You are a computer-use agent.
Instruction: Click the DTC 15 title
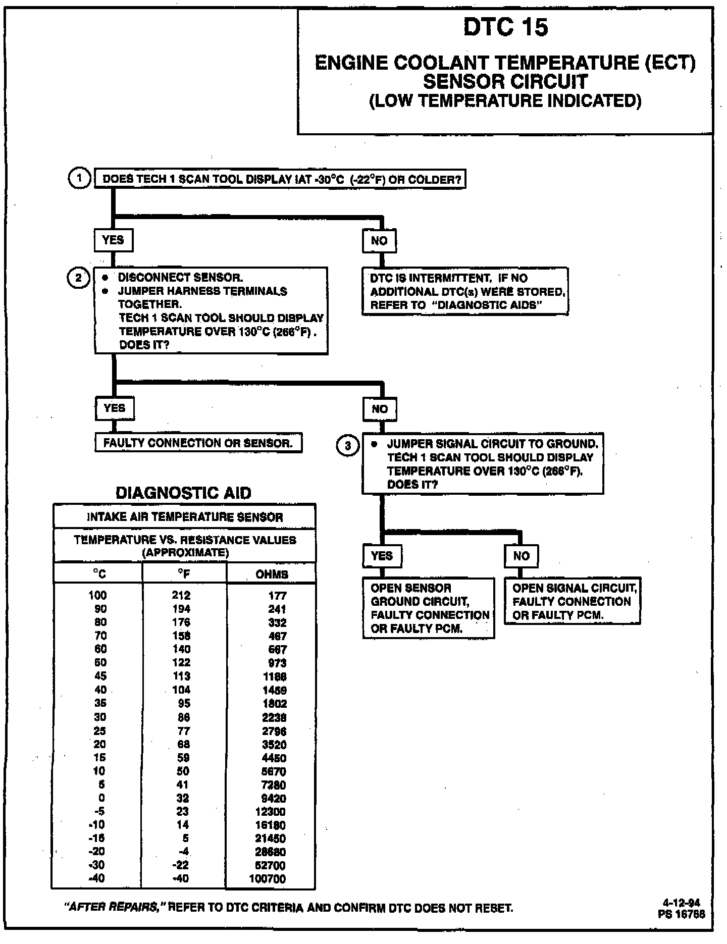[x=505, y=27]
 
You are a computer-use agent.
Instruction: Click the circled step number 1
[x=79, y=178]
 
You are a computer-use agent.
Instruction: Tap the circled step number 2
[x=78, y=278]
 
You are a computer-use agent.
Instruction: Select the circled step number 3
[x=348, y=446]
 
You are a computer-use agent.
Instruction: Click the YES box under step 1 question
[x=113, y=240]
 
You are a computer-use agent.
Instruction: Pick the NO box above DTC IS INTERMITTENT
[x=379, y=241]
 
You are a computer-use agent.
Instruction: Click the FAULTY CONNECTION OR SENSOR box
[x=198, y=443]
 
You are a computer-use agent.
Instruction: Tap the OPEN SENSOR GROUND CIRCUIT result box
[x=428, y=608]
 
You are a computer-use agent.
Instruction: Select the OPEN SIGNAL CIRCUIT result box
[x=573, y=601]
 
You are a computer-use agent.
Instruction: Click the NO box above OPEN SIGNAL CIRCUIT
[x=521, y=556]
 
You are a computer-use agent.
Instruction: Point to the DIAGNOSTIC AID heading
[x=184, y=493]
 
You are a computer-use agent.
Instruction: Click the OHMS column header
[x=272, y=574]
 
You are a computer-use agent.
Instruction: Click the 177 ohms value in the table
[x=277, y=596]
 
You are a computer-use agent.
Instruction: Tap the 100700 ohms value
[x=268, y=879]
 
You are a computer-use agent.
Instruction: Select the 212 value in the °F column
[x=181, y=596]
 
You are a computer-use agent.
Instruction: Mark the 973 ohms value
[x=277, y=663]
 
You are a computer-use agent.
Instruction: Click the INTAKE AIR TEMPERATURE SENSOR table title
[x=185, y=517]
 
